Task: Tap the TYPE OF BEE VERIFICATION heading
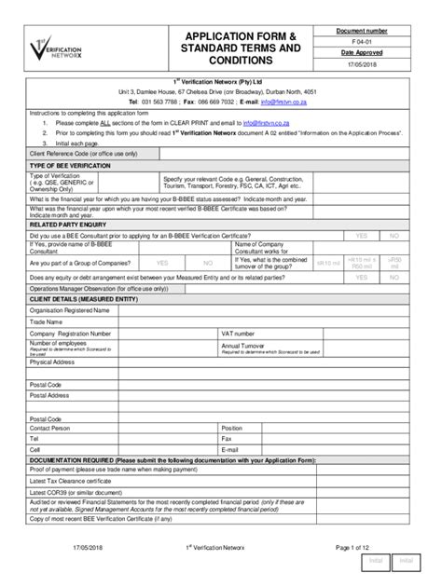coord(72,165)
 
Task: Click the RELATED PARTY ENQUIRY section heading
coord(70,225)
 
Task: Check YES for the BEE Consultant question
coord(360,236)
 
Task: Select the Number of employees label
coord(61,342)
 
